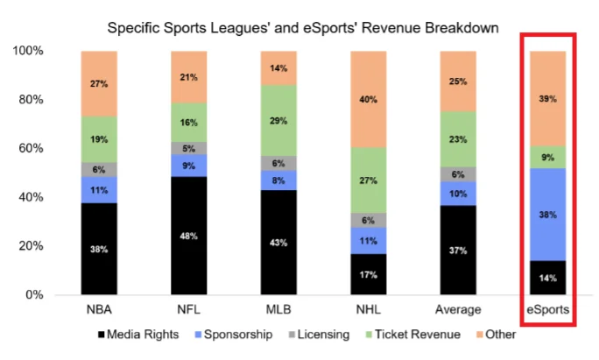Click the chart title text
point(302,28)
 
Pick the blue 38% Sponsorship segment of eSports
point(548,214)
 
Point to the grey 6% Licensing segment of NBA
point(99,170)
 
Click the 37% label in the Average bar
point(458,250)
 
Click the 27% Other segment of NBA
point(99,83)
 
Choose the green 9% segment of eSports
point(548,158)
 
